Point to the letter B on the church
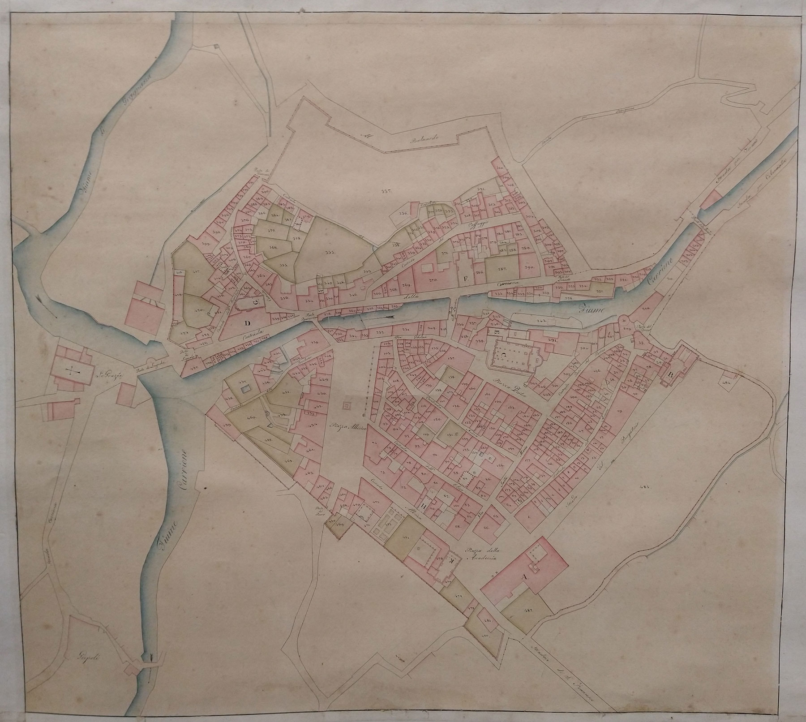[670, 374]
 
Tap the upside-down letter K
[439, 561]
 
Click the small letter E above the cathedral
[496, 332]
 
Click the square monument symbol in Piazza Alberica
[347, 406]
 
